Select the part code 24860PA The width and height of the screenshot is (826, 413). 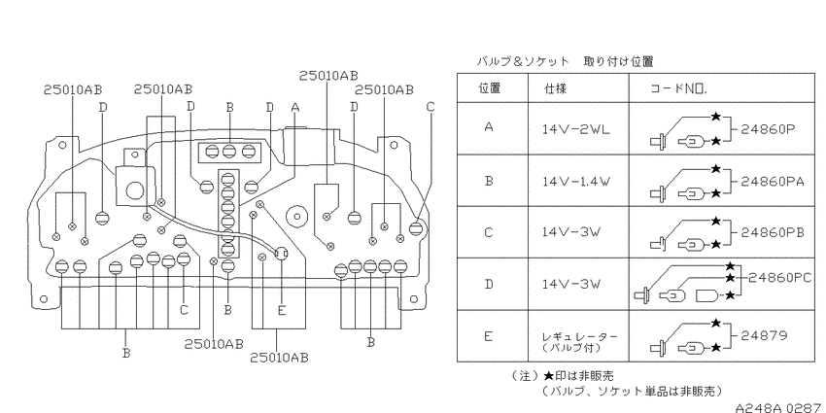pyautogui.click(x=773, y=182)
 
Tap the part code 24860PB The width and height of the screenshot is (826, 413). pyautogui.click(x=773, y=232)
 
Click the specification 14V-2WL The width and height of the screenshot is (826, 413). pyautogui.click(x=576, y=129)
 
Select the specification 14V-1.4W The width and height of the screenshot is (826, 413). pyautogui.click(x=576, y=182)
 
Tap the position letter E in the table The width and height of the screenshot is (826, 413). pyautogui.click(x=489, y=335)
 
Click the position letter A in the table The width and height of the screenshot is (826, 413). pyautogui.click(x=489, y=127)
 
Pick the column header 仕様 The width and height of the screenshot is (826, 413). pyautogui.click(x=555, y=88)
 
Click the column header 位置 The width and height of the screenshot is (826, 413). pyautogui.click(x=490, y=88)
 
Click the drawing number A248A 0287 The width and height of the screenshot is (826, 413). pyautogui.click(x=780, y=407)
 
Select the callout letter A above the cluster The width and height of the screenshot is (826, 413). pyautogui.click(x=295, y=108)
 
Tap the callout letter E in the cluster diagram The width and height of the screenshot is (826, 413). pyautogui.click(x=281, y=311)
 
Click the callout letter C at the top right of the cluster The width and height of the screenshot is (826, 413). pyautogui.click(x=430, y=107)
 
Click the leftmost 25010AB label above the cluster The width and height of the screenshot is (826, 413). pyautogui.click(x=73, y=89)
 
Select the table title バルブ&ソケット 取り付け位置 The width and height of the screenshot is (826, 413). pyautogui.click(x=565, y=61)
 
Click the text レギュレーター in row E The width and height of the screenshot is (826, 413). pyautogui.click(x=579, y=336)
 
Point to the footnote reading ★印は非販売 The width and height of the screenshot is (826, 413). pyautogui.click(x=578, y=376)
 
